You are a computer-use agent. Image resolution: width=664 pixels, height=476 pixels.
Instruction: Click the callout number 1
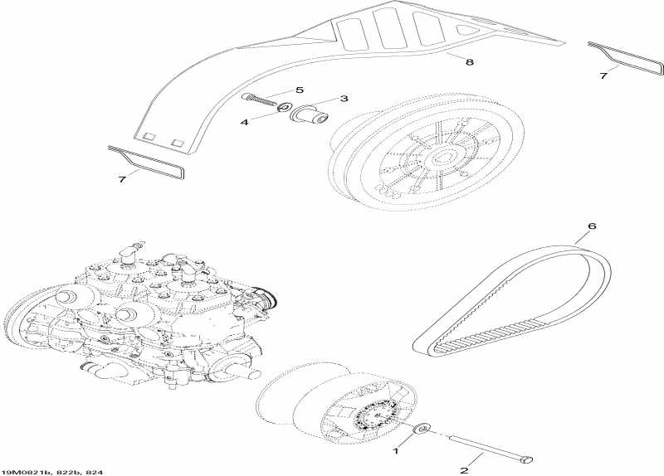point(396,453)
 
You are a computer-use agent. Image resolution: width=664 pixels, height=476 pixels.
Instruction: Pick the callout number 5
point(300,90)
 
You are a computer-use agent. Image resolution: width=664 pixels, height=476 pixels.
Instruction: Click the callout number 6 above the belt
point(591,226)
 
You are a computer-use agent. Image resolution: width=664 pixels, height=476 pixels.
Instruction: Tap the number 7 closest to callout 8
point(604,75)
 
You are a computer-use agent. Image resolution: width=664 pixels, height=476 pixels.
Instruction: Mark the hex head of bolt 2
point(525,457)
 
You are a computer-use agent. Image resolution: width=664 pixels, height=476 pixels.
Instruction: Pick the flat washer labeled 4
point(284,106)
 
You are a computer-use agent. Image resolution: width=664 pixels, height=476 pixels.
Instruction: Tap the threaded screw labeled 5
point(260,98)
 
